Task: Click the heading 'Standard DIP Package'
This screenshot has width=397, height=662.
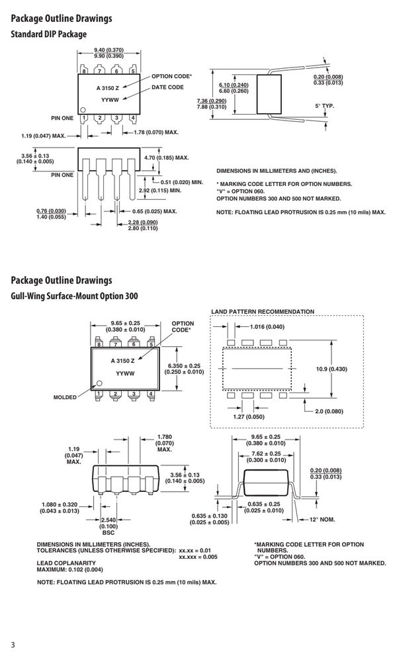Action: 48,34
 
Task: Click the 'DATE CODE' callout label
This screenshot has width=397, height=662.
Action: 167,87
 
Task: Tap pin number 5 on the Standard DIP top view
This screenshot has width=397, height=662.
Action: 133,71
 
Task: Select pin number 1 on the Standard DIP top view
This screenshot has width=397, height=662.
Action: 84,118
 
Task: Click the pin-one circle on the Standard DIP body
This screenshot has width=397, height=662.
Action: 83,109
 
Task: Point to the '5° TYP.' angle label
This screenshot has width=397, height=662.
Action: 324,106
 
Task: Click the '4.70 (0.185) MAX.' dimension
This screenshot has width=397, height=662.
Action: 166,158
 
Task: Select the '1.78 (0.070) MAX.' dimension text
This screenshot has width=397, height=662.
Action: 156,132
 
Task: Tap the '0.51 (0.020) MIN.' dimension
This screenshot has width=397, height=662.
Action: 182,183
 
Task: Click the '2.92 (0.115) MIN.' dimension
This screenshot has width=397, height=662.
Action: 160,191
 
